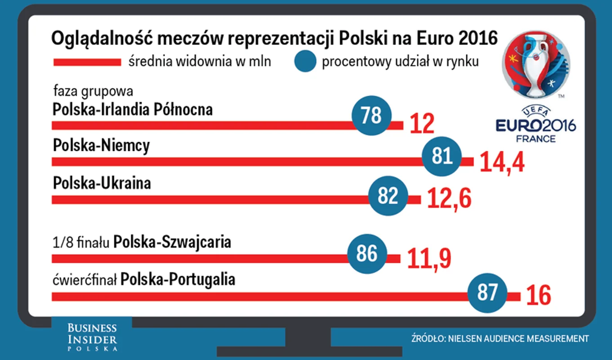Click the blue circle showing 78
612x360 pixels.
click(x=371, y=116)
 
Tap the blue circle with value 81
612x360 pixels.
click(x=442, y=156)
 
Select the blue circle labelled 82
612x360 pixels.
click(x=388, y=196)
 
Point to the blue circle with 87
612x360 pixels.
click(x=487, y=292)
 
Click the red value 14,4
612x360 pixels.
click(x=502, y=162)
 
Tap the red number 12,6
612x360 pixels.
click(x=449, y=199)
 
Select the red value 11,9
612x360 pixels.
click(x=429, y=258)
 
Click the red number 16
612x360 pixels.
click(x=538, y=296)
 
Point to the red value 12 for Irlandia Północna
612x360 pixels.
click(x=422, y=124)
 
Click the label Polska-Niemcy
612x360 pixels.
click(x=101, y=146)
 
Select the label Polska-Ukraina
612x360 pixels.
click(x=102, y=184)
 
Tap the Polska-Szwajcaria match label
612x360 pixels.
click(x=172, y=242)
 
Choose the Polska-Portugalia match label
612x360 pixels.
click(x=178, y=279)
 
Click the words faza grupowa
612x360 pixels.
click(x=93, y=91)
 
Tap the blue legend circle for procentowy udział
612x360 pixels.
click(x=305, y=62)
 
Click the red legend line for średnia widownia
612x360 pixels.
click(x=87, y=62)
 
